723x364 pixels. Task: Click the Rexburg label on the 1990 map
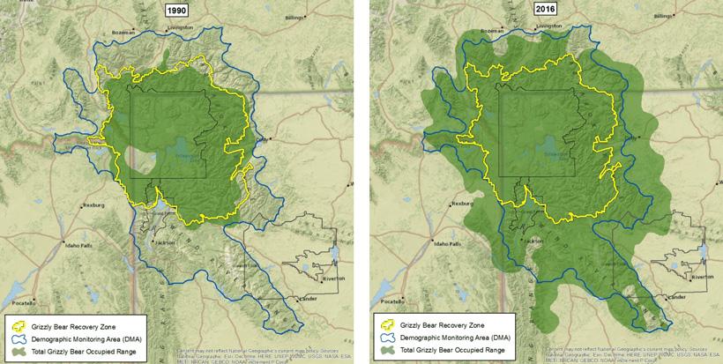(92, 204)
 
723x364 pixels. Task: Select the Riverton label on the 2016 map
(701, 277)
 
